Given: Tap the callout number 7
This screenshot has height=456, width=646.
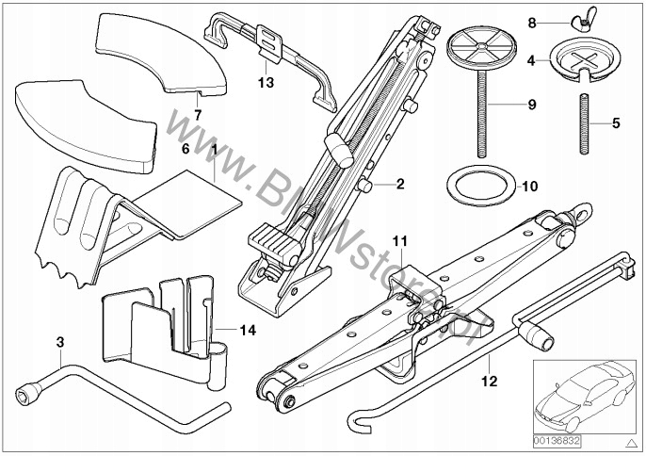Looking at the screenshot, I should (x=197, y=115).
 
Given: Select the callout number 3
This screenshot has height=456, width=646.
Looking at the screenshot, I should (x=60, y=341).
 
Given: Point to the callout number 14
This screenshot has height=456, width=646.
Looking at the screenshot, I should (x=249, y=330).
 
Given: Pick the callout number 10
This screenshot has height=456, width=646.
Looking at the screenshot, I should (x=530, y=186).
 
